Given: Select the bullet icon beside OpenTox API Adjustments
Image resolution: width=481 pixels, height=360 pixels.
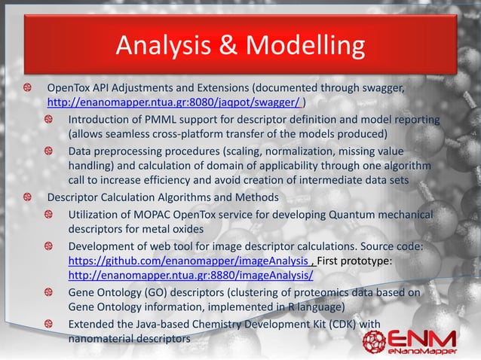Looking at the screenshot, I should [x=27, y=87].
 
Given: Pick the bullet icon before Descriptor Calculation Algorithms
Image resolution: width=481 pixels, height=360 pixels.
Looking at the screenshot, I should [x=27, y=197].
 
